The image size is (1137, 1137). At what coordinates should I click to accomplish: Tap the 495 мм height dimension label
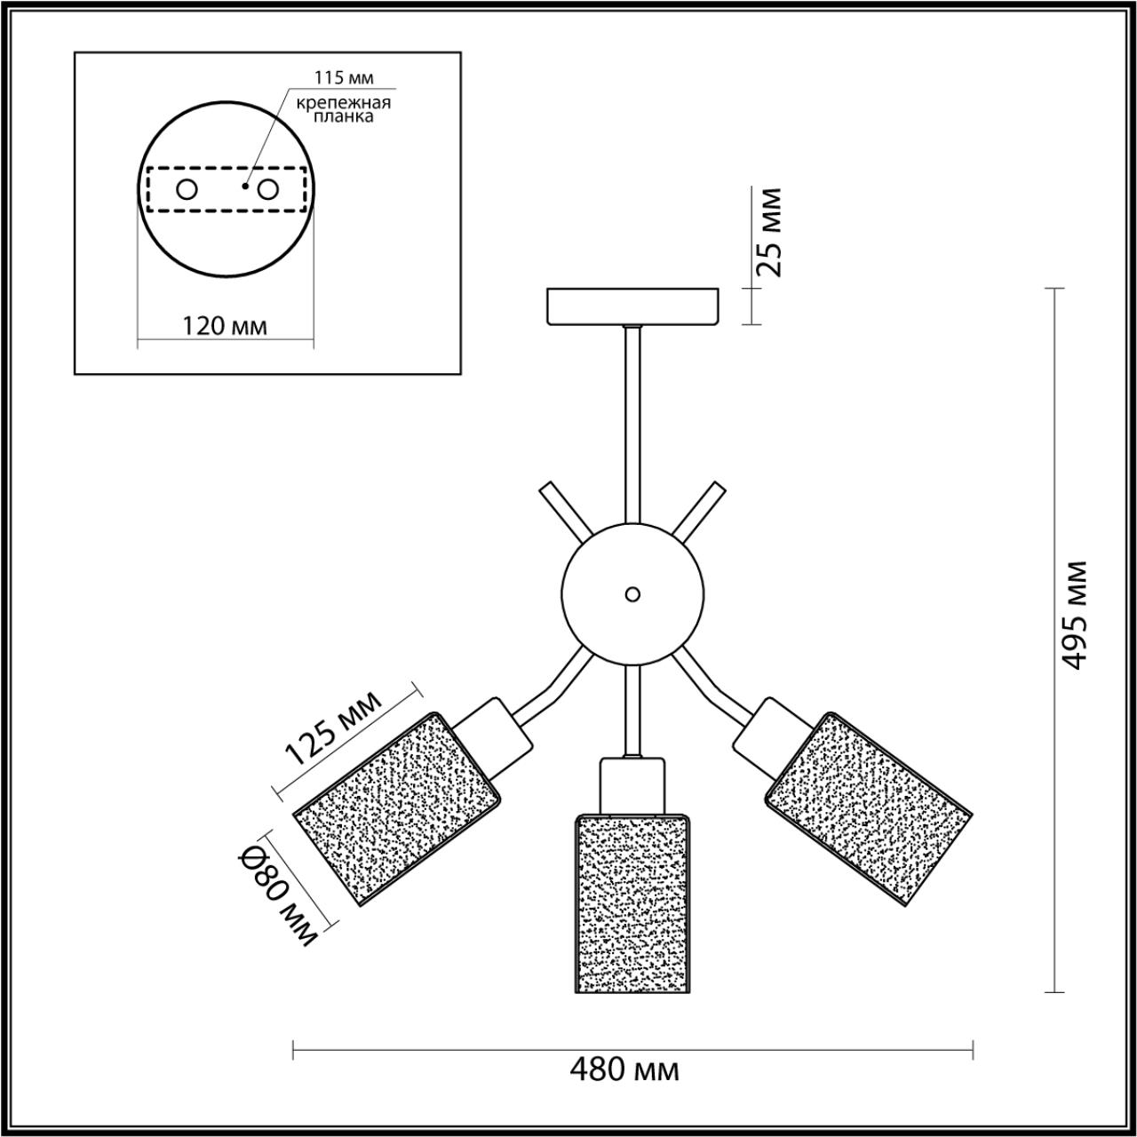click(1072, 615)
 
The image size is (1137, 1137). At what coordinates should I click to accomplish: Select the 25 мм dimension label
click(769, 232)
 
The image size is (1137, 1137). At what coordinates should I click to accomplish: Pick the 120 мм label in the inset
click(224, 326)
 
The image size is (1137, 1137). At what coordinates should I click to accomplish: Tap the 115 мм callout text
click(344, 78)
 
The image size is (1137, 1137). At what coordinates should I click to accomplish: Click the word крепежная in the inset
click(344, 103)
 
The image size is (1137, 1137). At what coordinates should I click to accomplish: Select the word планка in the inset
click(344, 117)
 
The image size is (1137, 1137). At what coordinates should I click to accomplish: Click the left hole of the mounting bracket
click(187, 190)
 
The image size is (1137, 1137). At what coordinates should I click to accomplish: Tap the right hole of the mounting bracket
click(268, 190)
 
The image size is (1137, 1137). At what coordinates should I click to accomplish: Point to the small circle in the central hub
click(632, 594)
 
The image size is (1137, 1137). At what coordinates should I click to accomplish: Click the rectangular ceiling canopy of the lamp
click(633, 306)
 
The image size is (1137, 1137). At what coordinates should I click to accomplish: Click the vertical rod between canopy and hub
click(633, 425)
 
